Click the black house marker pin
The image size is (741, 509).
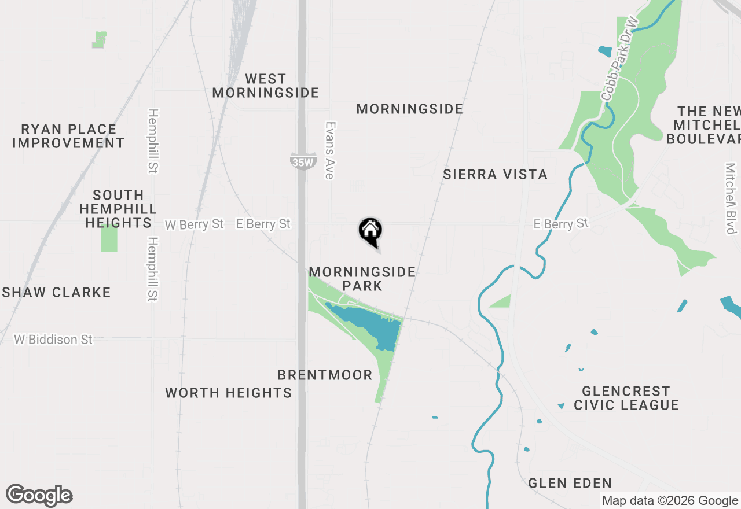(x=370, y=231)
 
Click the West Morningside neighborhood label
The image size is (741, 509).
(x=266, y=86)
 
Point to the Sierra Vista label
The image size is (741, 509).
(x=495, y=174)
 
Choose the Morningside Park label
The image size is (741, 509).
(x=362, y=279)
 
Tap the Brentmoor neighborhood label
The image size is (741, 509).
(x=325, y=375)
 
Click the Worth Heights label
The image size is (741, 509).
(x=228, y=393)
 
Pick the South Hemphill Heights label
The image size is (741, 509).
(x=118, y=209)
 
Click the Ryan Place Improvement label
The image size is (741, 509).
(x=68, y=136)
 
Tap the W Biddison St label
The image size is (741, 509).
(x=53, y=340)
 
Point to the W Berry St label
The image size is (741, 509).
(x=194, y=224)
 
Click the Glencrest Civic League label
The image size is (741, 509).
(x=626, y=398)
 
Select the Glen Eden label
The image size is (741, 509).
(x=570, y=483)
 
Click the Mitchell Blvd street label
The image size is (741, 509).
(x=731, y=198)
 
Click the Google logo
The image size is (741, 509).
(x=39, y=496)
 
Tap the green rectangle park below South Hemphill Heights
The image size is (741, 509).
(x=109, y=238)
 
